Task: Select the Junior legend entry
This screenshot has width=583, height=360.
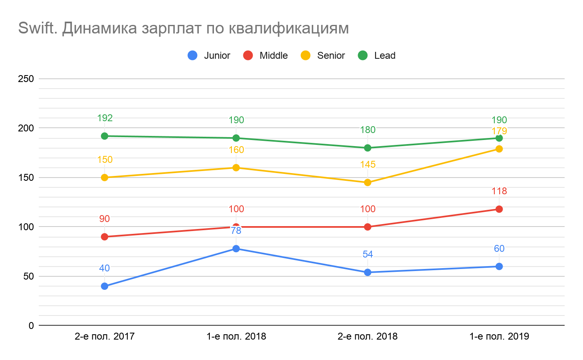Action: coord(209,56)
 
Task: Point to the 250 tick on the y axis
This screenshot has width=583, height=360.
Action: coord(26,79)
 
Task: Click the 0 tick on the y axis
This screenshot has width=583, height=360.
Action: coord(31,326)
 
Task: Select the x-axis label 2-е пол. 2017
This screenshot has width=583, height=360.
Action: coord(105,337)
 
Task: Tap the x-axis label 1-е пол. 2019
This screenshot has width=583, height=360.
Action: coord(499,337)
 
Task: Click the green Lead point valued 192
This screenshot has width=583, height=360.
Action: coord(105,136)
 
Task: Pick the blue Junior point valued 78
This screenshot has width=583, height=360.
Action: coord(236,249)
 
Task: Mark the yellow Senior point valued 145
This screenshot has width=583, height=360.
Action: coord(367,182)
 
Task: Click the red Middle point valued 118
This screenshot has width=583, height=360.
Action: coord(499,209)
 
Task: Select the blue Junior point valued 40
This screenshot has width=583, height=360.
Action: coord(105,286)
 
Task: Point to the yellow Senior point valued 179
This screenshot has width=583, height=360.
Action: coord(499,149)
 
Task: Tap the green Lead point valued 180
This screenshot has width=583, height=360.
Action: coord(367,148)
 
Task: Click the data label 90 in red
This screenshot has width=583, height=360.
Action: coord(105,219)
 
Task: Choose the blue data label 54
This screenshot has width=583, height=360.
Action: coord(367,254)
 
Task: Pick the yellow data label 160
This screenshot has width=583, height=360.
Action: coord(236,150)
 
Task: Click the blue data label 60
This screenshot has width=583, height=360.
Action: coord(499,249)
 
